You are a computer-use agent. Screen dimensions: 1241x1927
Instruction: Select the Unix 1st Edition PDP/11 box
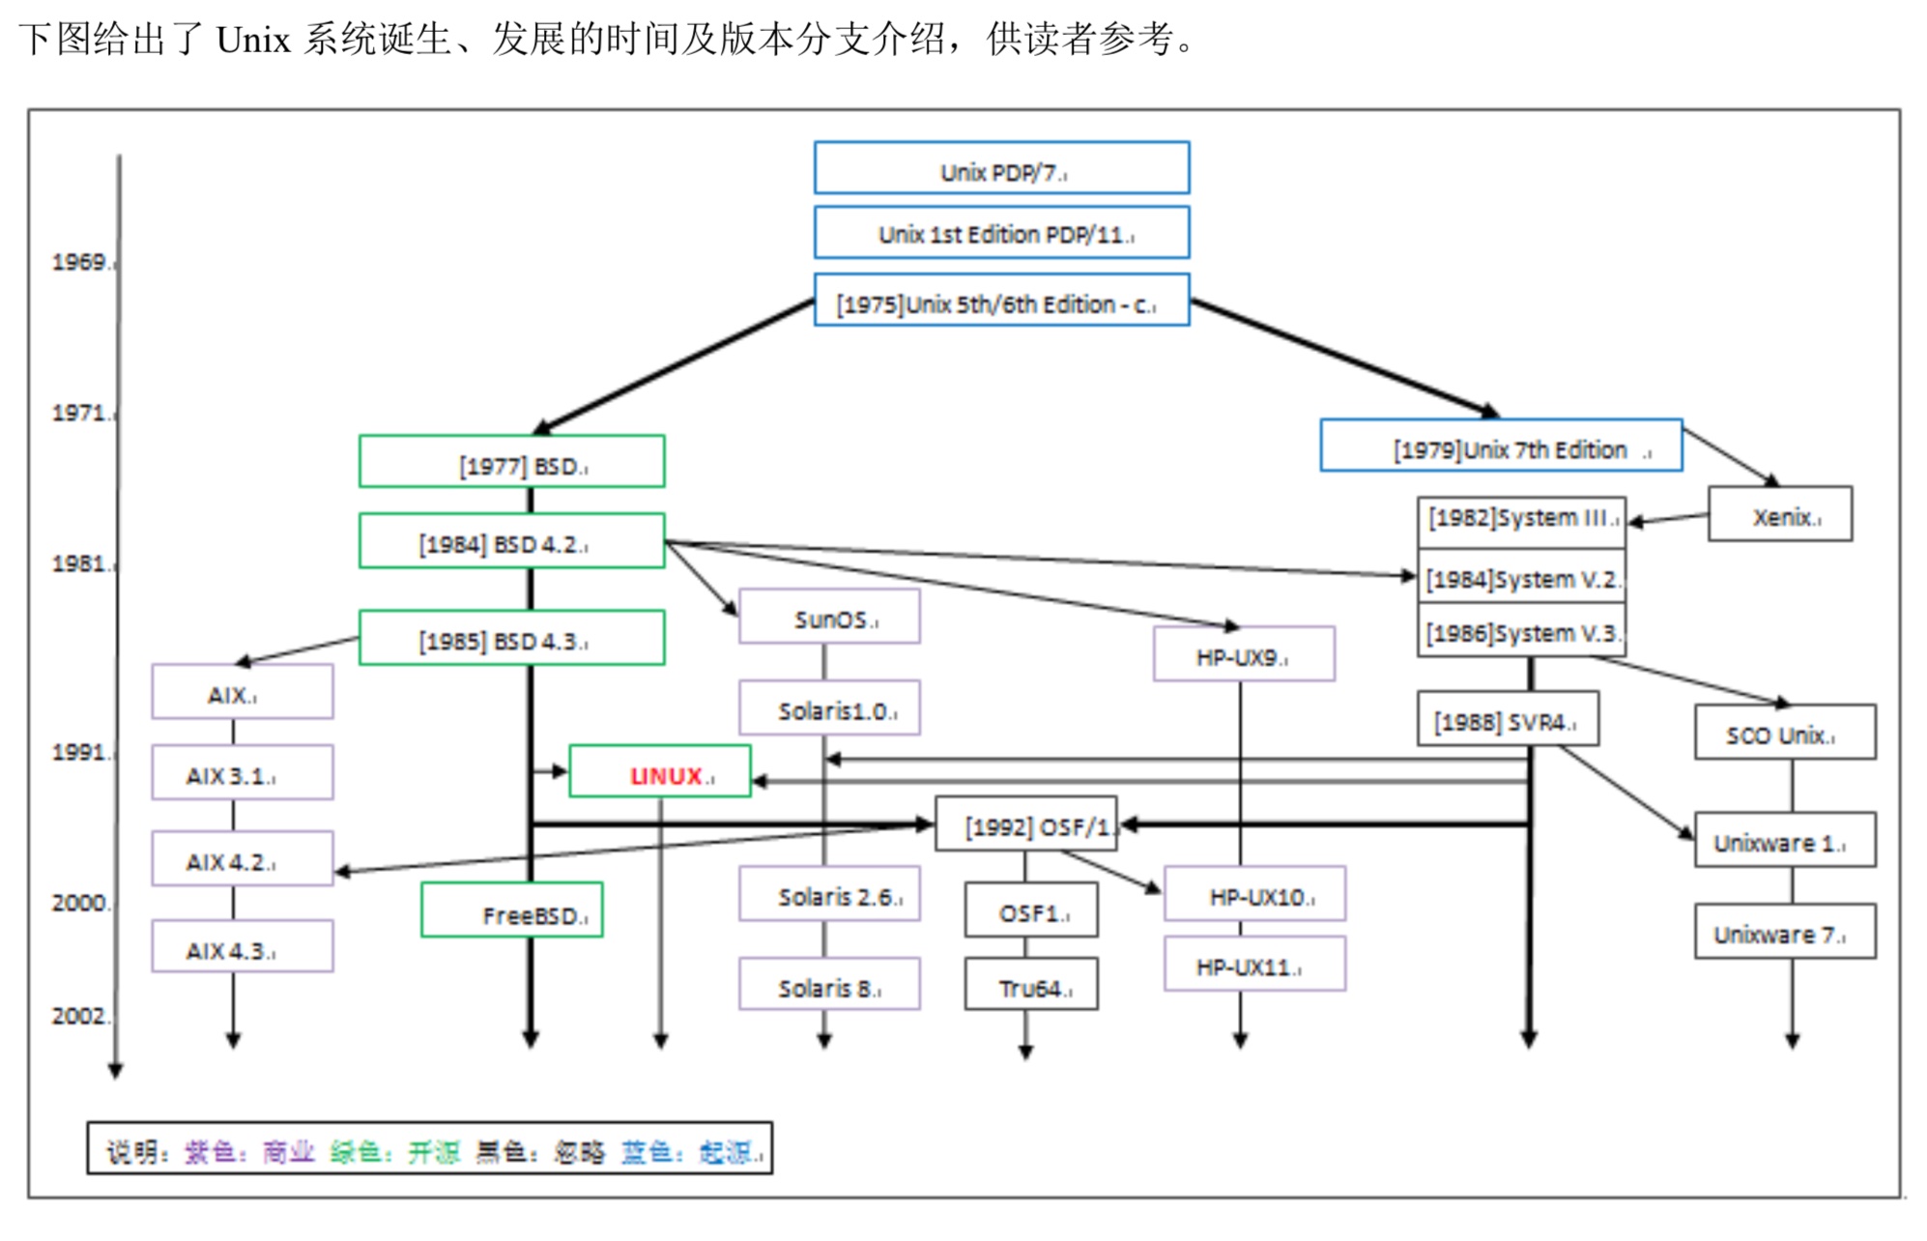coord(1001,233)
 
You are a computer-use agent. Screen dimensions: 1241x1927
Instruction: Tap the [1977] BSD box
coord(511,462)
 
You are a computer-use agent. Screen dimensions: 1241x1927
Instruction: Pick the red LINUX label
coord(667,776)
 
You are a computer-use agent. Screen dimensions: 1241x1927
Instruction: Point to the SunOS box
coord(829,617)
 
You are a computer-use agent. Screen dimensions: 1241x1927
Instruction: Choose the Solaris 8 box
coord(829,985)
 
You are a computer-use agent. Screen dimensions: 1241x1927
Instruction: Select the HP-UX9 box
coord(1244,654)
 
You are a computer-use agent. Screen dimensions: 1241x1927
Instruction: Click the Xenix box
coord(1780,514)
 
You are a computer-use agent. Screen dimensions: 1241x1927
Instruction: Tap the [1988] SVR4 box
coord(1508,719)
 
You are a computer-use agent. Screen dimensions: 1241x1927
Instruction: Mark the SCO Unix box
coord(1785,733)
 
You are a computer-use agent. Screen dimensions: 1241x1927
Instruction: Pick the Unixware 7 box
coord(1785,932)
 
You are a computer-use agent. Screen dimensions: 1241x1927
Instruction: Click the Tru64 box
coord(1031,985)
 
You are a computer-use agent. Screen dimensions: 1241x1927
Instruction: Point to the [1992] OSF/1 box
coord(1026,824)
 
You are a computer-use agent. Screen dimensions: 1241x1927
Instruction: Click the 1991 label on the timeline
coord(81,752)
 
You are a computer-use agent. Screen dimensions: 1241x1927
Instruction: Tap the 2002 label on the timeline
coord(81,1016)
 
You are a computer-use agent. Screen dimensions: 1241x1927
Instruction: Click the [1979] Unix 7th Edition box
coord(1501,447)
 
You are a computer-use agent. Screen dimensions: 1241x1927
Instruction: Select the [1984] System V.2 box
coord(1521,577)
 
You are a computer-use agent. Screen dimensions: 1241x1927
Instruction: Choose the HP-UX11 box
coord(1254,965)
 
